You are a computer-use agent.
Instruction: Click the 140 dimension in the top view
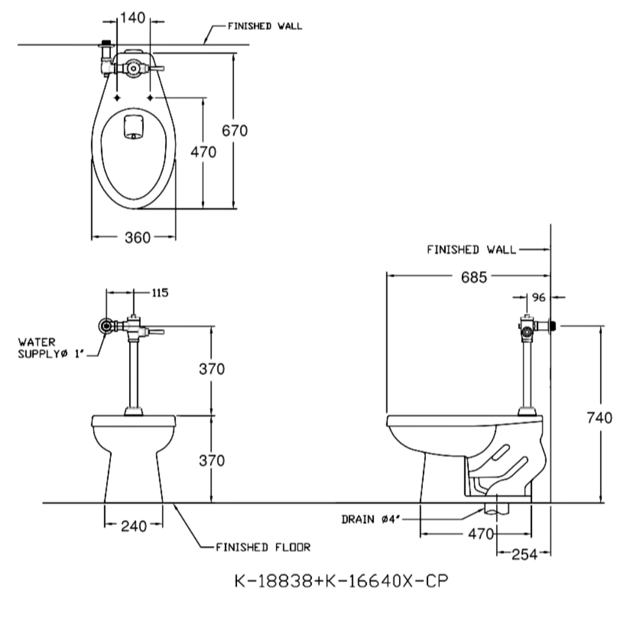(x=133, y=18)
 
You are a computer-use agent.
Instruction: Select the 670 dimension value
(x=235, y=130)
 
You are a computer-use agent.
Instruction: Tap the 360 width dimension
(x=138, y=238)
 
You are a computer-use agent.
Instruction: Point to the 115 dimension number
(x=160, y=293)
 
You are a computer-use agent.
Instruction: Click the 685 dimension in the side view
(x=474, y=277)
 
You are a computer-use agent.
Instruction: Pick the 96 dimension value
(x=539, y=297)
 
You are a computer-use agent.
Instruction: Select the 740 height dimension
(x=600, y=418)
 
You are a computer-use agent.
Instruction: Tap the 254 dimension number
(x=524, y=555)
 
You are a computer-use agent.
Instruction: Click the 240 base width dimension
(x=133, y=526)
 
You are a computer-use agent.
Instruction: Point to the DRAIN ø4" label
(x=370, y=519)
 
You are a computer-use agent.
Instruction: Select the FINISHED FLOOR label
(x=263, y=548)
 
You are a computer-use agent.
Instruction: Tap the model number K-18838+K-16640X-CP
(x=341, y=581)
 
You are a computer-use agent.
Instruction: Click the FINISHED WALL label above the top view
(x=264, y=26)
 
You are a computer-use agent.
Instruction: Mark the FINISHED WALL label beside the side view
(x=471, y=249)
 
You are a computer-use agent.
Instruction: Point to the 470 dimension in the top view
(x=204, y=152)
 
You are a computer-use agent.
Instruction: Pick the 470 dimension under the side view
(x=481, y=534)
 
